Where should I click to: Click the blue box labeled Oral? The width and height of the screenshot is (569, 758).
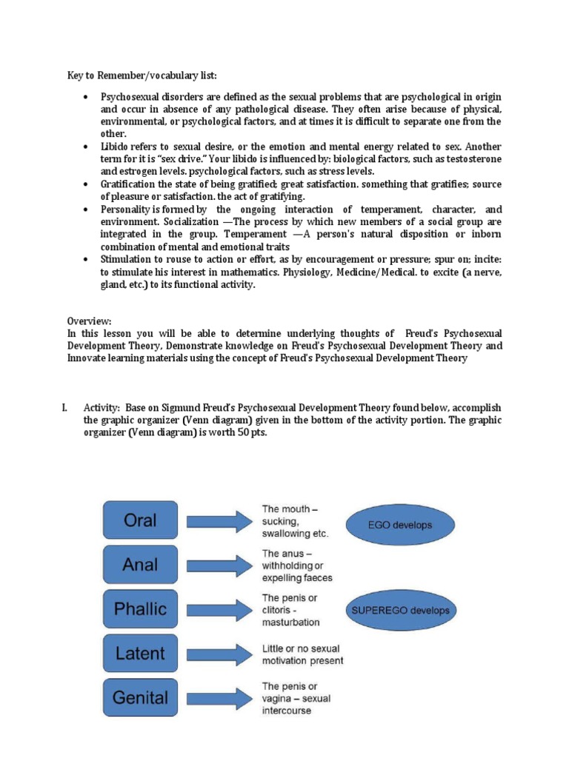[x=140, y=520]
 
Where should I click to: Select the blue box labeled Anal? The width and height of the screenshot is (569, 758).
[x=140, y=565]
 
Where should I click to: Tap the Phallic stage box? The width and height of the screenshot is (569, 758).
[x=140, y=609]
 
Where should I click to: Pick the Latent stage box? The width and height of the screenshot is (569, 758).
[x=140, y=654]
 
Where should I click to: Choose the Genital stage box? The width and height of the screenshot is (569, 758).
[x=140, y=697]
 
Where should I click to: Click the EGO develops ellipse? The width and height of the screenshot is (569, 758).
[x=399, y=525]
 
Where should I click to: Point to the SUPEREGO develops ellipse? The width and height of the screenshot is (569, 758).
[x=400, y=611]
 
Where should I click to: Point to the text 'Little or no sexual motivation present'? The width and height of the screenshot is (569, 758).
[x=302, y=654]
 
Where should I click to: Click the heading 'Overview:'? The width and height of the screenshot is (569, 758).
[x=89, y=321]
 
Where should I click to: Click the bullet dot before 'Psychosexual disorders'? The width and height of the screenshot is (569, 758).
[x=86, y=97]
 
